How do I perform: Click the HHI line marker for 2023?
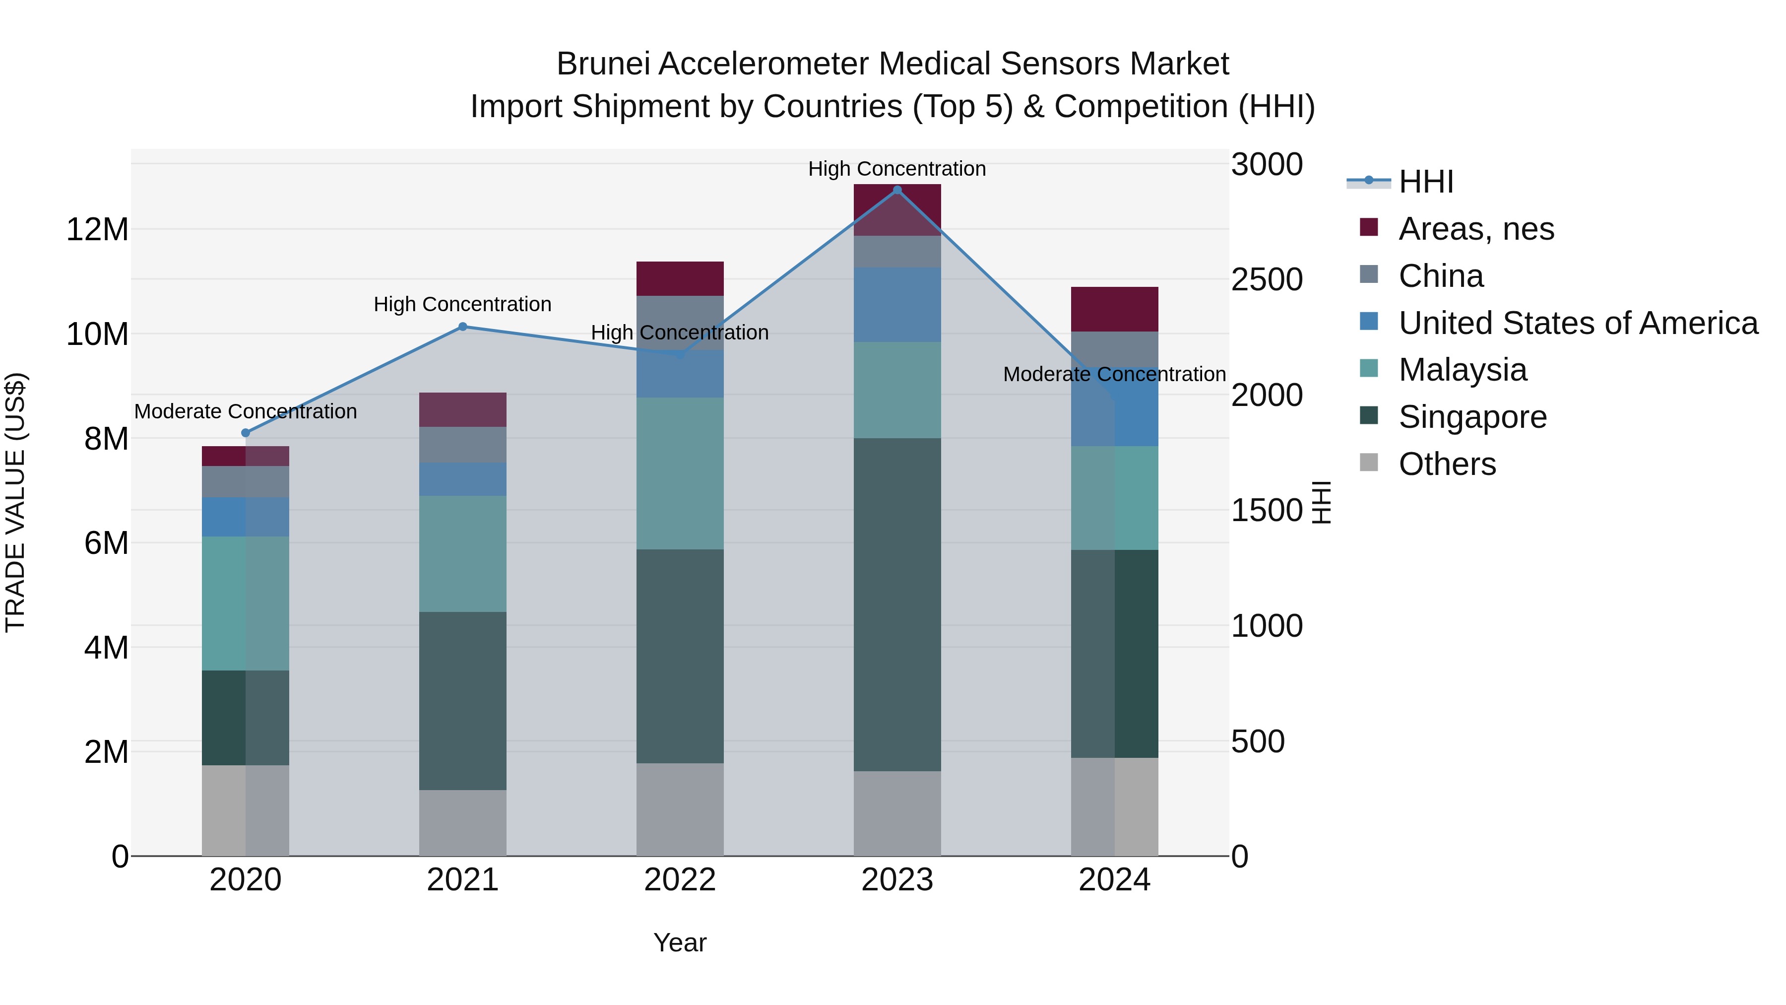coord(897,190)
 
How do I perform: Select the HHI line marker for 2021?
coord(462,327)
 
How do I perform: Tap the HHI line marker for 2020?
coord(246,433)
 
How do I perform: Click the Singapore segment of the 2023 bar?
coord(897,604)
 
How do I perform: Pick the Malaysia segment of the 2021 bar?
coord(462,553)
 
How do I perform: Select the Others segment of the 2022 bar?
coord(680,809)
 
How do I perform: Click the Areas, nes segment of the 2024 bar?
coord(1114,309)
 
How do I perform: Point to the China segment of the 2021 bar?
coord(462,445)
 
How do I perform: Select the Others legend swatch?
coord(1369,463)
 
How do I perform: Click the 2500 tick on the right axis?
coord(1267,280)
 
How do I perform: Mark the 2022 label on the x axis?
coord(680,880)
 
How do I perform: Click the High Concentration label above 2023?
coord(896,169)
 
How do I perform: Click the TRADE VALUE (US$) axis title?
coord(15,502)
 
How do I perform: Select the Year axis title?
coord(680,942)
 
